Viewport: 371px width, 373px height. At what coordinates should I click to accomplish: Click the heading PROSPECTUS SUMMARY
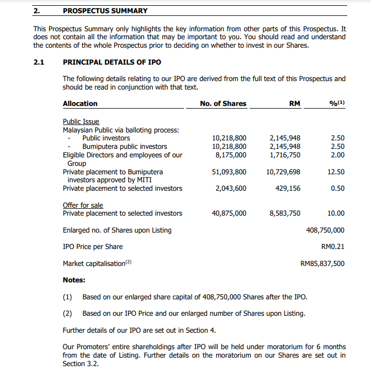(x=105, y=11)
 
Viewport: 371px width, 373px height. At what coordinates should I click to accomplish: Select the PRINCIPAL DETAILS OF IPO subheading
(x=112, y=62)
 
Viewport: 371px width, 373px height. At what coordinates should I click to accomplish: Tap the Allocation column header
(x=80, y=103)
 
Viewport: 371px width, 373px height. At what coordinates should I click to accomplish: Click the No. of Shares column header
(x=223, y=103)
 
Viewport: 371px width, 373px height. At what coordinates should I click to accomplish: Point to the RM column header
(x=295, y=103)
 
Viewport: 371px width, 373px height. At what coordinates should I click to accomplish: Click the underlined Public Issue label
(x=81, y=121)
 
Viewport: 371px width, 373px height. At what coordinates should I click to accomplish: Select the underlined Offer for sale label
(x=83, y=205)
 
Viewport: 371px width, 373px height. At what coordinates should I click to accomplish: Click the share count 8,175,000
(x=231, y=155)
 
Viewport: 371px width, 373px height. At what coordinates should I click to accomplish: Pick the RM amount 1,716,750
(x=285, y=155)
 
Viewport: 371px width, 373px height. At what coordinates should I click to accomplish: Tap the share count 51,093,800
(x=229, y=172)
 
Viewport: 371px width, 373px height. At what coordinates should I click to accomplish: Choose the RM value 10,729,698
(x=283, y=172)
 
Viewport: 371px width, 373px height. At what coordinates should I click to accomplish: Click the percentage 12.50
(x=336, y=172)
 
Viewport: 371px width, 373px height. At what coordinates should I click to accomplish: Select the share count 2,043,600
(x=231, y=188)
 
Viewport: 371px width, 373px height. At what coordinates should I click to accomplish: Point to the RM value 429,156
(x=288, y=188)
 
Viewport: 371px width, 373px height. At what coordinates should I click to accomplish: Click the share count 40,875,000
(x=229, y=213)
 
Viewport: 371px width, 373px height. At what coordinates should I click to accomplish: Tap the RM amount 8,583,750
(x=285, y=213)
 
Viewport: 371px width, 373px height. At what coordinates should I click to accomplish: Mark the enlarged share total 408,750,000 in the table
(x=325, y=230)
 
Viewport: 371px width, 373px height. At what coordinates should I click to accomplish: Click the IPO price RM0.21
(x=333, y=246)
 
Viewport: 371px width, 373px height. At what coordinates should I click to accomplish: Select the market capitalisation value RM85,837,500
(x=322, y=263)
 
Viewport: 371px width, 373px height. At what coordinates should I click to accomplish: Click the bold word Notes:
(x=74, y=280)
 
